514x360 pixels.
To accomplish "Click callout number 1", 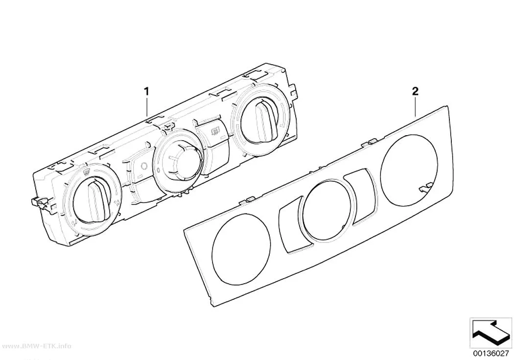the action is pos(147,82).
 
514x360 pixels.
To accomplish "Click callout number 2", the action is pos(415,91).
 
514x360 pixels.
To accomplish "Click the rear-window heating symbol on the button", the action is pos(215,132).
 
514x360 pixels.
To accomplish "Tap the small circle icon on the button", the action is pos(144,166).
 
